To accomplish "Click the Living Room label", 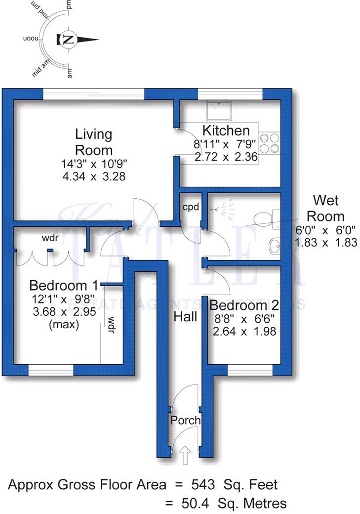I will point(94,142).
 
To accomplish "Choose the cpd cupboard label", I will point(190,207).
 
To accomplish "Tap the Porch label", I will point(185,420).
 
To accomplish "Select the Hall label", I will point(185,316).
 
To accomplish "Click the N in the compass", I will point(69,40).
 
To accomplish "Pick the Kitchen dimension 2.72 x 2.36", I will point(227,157).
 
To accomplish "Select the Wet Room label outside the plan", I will point(328,208).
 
